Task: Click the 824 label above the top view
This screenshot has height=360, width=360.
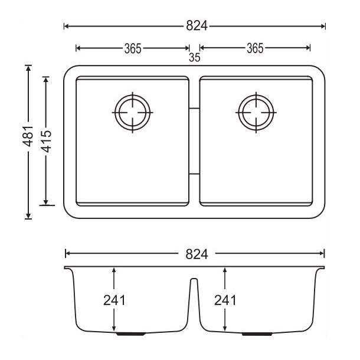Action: tap(195, 26)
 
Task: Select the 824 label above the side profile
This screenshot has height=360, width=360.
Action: tap(195, 254)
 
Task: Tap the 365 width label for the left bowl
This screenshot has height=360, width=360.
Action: tap(132, 48)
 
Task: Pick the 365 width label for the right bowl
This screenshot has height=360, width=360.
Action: tap(254, 48)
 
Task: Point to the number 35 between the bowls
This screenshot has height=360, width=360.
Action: tap(194, 58)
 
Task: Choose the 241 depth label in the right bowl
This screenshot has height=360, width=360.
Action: tap(225, 300)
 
